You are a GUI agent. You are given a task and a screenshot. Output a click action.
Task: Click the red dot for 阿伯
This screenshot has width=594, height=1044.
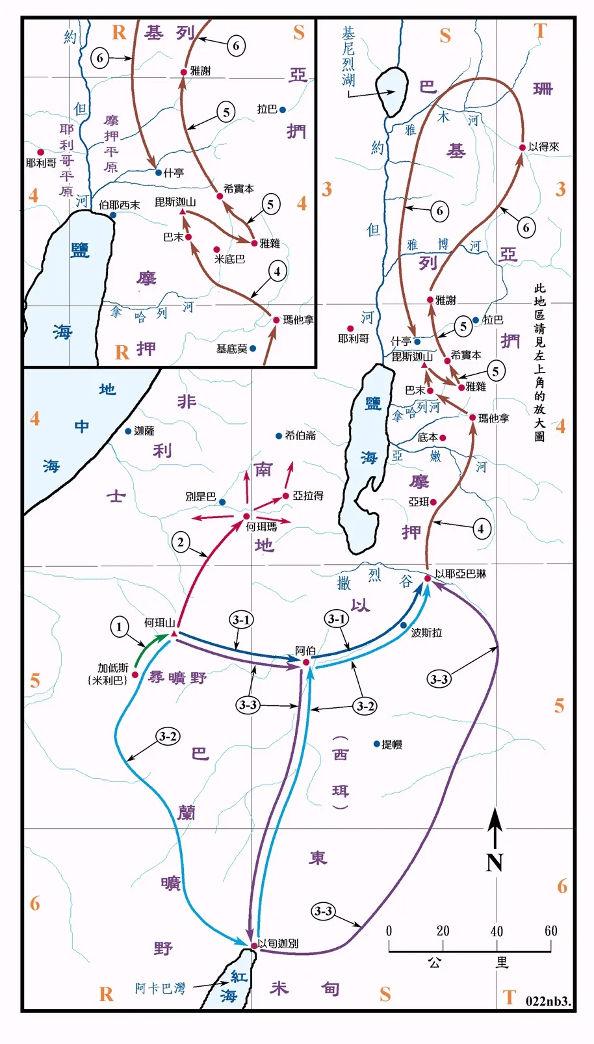click(x=306, y=662)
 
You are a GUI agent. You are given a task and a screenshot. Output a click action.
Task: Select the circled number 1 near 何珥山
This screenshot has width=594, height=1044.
click(x=119, y=627)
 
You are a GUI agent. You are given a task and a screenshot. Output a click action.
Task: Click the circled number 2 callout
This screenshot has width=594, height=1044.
click(x=181, y=542)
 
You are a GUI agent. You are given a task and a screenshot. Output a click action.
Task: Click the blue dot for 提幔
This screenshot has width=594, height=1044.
click(x=376, y=744)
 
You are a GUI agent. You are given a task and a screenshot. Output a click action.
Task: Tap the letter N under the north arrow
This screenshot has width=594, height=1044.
click(x=495, y=863)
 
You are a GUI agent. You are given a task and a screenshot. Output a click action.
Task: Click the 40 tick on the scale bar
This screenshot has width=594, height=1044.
click(x=497, y=931)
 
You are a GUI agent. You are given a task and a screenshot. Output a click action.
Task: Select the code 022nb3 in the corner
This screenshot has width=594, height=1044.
click(x=548, y=1001)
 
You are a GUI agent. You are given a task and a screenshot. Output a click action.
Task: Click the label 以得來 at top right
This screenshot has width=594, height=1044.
click(x=543, y=147)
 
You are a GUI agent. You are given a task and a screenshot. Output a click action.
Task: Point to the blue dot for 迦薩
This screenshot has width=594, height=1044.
click(x=128, y=431)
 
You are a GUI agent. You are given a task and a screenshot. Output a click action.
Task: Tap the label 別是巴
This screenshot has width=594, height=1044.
click(x=200, y=497)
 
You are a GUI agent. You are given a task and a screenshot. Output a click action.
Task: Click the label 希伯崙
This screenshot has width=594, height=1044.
click(x=300, y=436)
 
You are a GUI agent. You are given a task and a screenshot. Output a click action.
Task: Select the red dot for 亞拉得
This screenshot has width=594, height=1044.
click(x=286, y=496)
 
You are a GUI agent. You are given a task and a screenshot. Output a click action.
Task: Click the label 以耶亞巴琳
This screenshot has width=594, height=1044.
click(x=460, y=573)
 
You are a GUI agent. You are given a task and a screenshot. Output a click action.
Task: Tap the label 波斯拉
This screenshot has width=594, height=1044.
click(x=426, y=633)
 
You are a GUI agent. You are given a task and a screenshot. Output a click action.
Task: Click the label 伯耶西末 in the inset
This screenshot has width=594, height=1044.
click(x=120, y=205)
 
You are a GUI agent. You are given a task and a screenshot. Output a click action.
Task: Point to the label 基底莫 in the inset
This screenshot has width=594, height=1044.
click(x=231, y=349)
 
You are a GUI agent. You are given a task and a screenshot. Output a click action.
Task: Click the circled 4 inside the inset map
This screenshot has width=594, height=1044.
click(x=278, y=272)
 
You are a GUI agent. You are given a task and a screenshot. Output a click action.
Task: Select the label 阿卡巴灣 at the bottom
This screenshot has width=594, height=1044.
click(x=160, y=989)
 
